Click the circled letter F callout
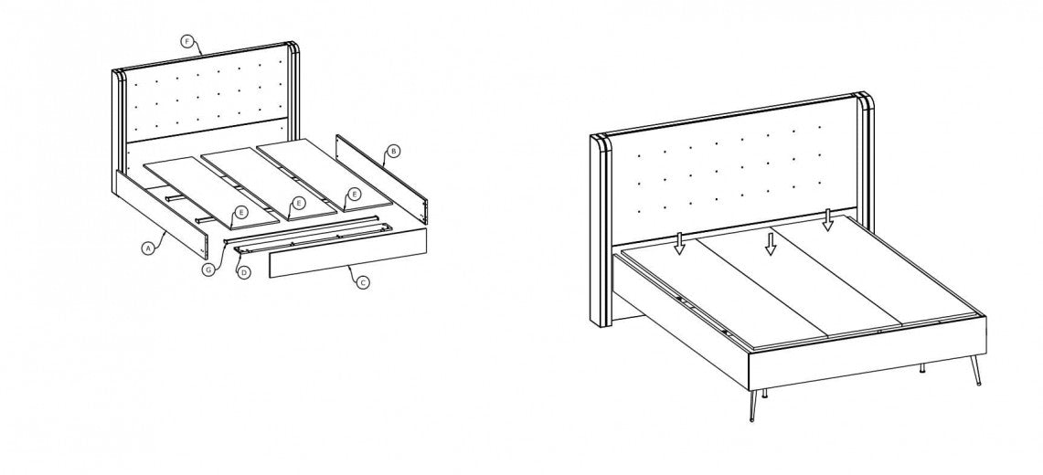click(x=186, y=42)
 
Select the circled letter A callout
click(x=148, y=248)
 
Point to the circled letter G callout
click(x=208, y=269)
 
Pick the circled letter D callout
click(x=244, y=272)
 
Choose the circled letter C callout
click(x=363, y=282)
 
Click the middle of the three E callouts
click(x=299, y=204)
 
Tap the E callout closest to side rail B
click(x=355, y=194)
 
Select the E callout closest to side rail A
click(x=240, y=213)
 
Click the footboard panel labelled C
click(x=347, y=252)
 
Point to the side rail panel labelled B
click(x=382, y=178)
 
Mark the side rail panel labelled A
click(x=160, y=214)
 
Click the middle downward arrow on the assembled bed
click(x=771, y=243)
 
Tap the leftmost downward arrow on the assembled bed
click(x=678, y=243)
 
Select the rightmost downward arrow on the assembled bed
click(x=827, y=220)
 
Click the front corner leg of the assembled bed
click(x=752, y=406)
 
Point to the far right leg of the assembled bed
click(x=976, y=370)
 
